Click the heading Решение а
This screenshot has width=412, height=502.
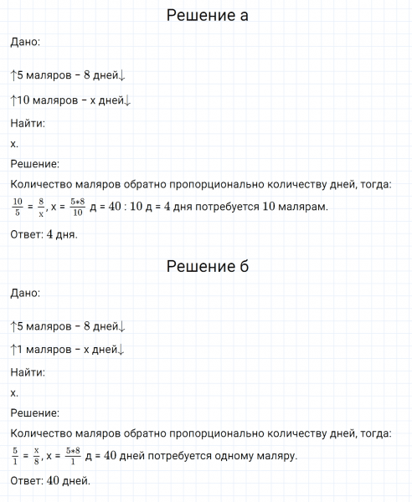(x=207, y=16)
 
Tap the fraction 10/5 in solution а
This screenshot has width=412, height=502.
(x=18, y=206)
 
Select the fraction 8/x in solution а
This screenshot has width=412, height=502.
(x=40, y=206)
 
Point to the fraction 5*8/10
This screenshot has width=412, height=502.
(x=78, y=206)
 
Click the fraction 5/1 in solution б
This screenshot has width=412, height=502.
(x=16, y=456)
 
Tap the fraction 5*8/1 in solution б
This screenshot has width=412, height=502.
(x=74, y=456)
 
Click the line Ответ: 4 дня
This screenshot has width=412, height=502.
(x=44, y=234)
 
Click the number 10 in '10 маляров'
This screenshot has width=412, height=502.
(x=23, y=100)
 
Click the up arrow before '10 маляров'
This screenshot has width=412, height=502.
(x=13, y=100)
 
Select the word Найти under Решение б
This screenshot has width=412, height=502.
(x=28, y=372)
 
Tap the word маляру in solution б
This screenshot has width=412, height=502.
(x=274, y=457)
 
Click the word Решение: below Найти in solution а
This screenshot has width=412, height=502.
(x=34, y=164)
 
